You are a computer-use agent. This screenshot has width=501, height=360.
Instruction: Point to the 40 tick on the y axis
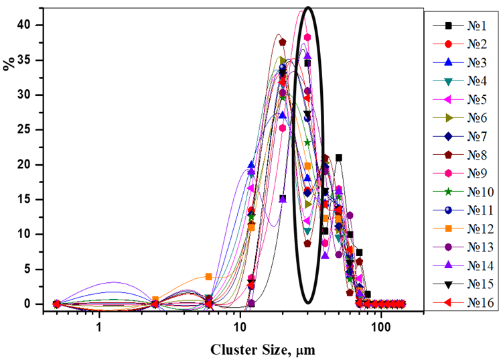(x=25, y=25)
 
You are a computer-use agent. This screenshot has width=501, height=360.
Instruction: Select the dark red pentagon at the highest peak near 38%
(x=282, y=42)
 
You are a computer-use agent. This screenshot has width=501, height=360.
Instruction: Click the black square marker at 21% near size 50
(x=339, y=158)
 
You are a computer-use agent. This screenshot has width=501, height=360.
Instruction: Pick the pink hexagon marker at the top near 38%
(x=307, y=38)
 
